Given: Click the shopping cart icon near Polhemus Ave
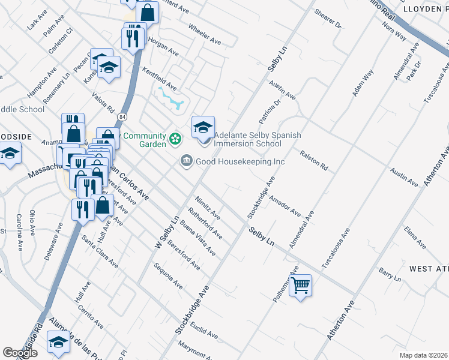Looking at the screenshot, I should coord(301,285).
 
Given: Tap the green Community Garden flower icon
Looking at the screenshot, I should coord(175,139).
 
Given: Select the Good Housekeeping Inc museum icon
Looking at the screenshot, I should coord(186,161).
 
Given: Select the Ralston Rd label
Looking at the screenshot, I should coord(315,160).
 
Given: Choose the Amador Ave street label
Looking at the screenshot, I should coord(285,205).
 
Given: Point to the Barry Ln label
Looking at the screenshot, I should coord(390,274).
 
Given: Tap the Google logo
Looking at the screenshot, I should coord(20,353).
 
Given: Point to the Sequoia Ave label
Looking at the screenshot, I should coord(168,276).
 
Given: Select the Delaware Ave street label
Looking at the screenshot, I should coord(52,242).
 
